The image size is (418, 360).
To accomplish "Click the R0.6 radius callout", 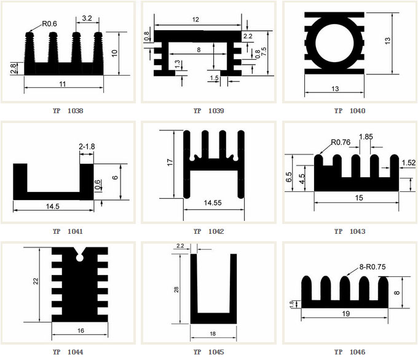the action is click(x=50, y=24).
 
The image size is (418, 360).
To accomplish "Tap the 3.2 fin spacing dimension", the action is click(x=87, y=18).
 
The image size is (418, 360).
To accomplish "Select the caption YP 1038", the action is click(x=68, y=111).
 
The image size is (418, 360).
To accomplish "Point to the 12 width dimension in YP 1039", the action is click(x=195, y=20).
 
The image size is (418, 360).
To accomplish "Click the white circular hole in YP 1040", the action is click(x=334, y=42).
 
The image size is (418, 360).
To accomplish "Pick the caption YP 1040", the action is click(x=350, y=111).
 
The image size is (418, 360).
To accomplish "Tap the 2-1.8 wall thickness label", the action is click(x=87, y=146).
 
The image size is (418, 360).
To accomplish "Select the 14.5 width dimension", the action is click(x=52, y=206).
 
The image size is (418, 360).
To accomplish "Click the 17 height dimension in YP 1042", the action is click(x=170, y=162).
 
